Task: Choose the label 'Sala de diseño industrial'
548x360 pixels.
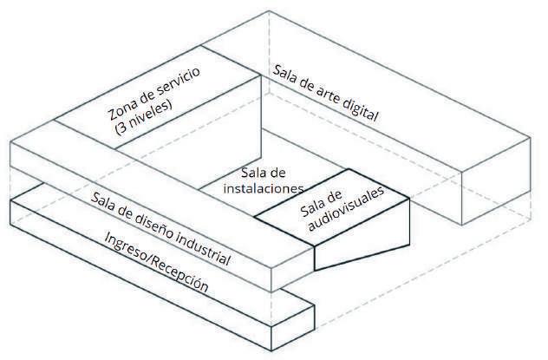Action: [160, 227]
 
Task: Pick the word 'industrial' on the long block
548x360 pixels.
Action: [202, 248]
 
